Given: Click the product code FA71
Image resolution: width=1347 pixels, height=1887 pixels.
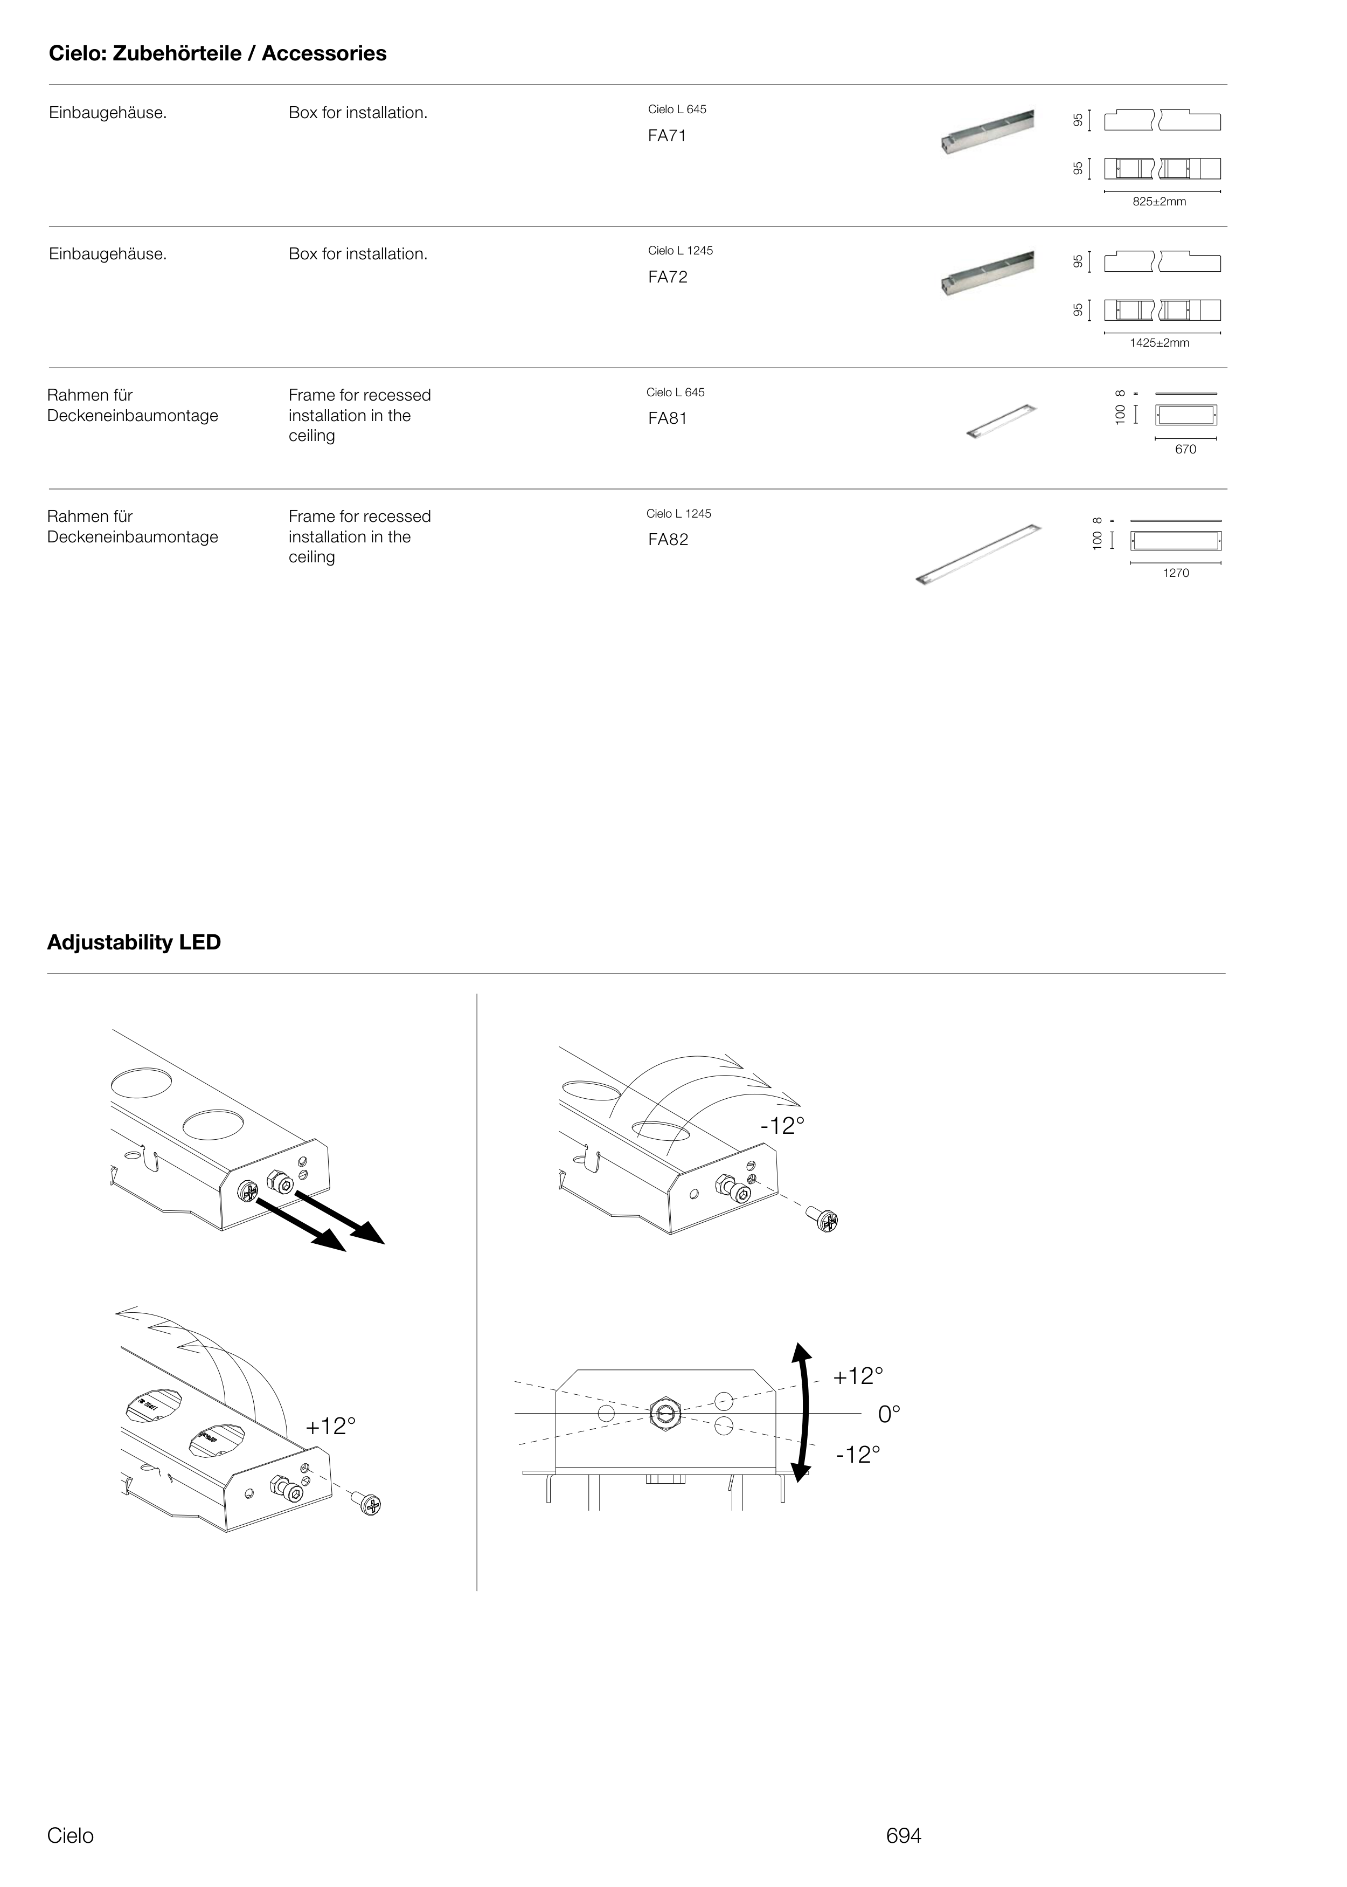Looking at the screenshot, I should (667, 136).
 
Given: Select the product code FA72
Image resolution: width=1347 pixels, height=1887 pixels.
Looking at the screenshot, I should (668, 277).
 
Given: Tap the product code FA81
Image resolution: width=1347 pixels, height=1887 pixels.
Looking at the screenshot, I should (668, 418).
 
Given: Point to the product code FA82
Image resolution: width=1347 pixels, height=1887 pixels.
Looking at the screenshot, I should (668, 539).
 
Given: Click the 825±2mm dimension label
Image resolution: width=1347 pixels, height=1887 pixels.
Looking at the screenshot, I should (1159, 202).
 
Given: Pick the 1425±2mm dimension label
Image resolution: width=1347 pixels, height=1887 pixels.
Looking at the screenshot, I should (1159, 343).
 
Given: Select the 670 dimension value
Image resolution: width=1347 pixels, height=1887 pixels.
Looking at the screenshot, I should (1185, 449).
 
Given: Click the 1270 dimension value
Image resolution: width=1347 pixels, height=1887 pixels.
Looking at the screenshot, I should (1175, 573).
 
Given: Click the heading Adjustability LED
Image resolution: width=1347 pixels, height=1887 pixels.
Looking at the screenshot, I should (134, 942).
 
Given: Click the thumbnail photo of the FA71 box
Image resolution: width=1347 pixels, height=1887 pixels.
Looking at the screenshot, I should (987, 133).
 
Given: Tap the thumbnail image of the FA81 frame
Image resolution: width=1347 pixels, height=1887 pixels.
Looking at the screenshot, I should (1001, 421).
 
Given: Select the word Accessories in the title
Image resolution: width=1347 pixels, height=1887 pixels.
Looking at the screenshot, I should (324, 54).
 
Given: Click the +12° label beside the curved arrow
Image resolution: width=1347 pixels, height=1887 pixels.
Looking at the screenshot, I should (858, 1376).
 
